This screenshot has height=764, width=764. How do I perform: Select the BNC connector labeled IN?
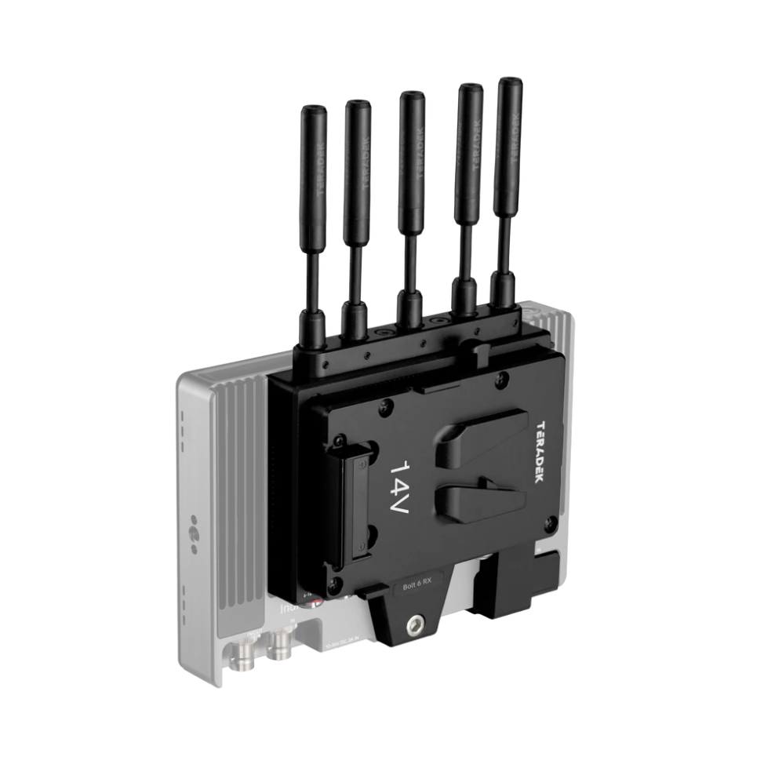pos(280,645)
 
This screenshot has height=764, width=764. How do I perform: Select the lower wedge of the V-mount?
pos(477,503)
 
